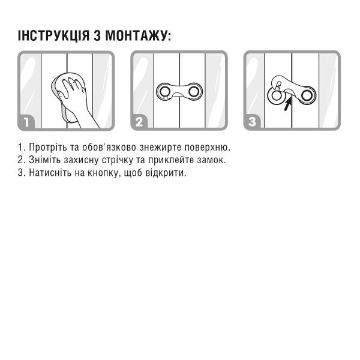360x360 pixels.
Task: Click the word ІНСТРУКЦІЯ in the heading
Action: pos(53,35)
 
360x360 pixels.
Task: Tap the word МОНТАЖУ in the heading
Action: pos(136,35)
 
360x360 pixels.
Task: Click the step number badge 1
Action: pos(26,122)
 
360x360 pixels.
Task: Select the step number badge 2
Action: pos(139,122)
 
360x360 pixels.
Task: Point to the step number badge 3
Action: pos(252,122)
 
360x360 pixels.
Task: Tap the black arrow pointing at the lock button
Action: pos(288,103)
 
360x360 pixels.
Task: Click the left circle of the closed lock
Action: pos(165,92)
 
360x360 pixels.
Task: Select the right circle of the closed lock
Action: pos(194,92)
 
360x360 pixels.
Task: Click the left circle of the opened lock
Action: pos(276,95)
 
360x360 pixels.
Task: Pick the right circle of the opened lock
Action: pos(307,95)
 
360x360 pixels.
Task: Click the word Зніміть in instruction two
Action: pos(45,160)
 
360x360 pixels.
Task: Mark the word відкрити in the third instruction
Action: pos(166,173)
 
